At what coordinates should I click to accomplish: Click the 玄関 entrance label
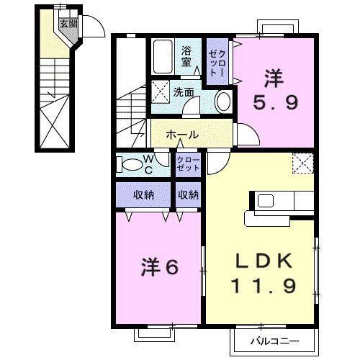[x=67, y=22]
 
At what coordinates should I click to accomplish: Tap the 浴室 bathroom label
[x=186, y=56]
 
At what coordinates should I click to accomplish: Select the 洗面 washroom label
[x=184, y=92]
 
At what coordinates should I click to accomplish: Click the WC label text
[x=146, y=164]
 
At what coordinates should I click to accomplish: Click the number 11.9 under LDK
[x=263, y=287]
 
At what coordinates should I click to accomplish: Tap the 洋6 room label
[x=158, y=267]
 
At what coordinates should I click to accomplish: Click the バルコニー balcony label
[x=274, y=340]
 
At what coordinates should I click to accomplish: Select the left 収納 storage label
[x=143, y=194]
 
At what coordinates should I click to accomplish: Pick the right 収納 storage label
[x=189, y=194]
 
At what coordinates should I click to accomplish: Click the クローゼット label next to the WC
[x=190, y=163]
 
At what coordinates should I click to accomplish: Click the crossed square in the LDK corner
[x=303, y=163]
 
